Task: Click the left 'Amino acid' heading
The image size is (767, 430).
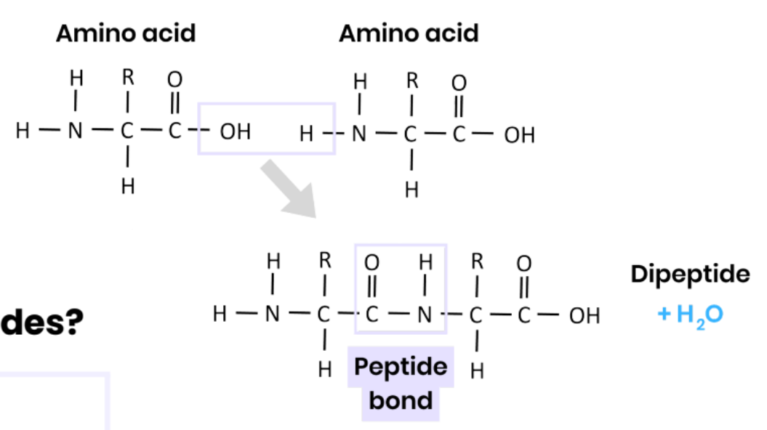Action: pyautogui.click(x=126, y=33)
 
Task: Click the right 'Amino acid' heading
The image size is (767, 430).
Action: pyautogui.click(x=409, y=33)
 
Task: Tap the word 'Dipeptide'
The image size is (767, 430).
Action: pyautogui.click(x=689, y=274)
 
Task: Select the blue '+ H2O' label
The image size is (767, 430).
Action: pyautogui.click(x=689, y=315)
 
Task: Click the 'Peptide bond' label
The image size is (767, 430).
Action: pyautogui.click(x=401, y=383)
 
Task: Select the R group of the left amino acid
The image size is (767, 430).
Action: pyautogui.click(x=127, y=77)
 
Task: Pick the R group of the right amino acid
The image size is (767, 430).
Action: pyautogui.click(x=411, y=80)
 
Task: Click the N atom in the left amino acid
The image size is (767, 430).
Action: pyautogui.click(x=76, y=131)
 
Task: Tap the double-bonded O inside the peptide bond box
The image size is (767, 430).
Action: pyautogui.click(x=372, y=261)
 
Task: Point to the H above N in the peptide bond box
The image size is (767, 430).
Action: pyautogui.click(x=426, y=261)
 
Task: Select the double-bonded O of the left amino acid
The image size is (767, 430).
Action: pyautogui.click(x=174, y=78)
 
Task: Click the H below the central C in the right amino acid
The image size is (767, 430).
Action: pyautogui.click(x=411, y=190)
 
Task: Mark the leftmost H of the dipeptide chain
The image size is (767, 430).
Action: pyautogui.click(x=220, y=315)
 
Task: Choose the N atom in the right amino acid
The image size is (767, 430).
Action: pyautogui.click(x=359, y=134)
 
